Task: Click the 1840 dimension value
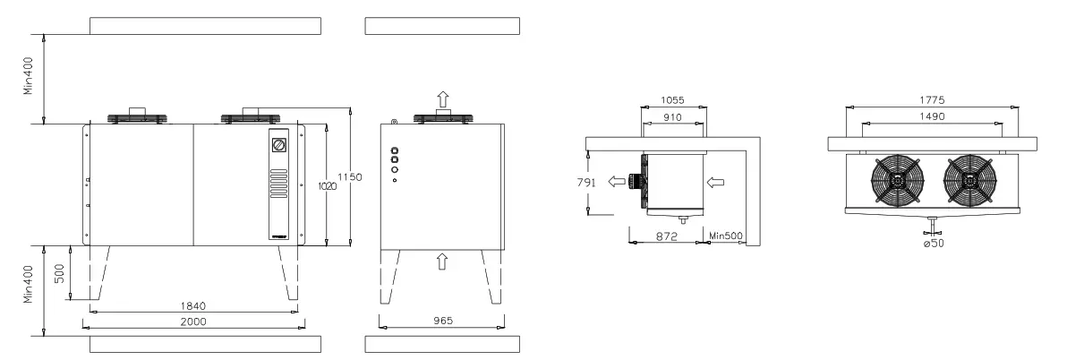pos(194,306)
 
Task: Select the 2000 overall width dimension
pos(194,321)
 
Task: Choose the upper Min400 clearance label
pos(29,79)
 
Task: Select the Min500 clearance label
pos(724,236)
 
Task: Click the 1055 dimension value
pos(674,101)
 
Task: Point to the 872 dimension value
pos(664,236)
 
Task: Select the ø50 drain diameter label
pos(933,243)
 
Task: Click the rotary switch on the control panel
pos(279,144)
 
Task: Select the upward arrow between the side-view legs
pos(440,261)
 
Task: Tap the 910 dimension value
pos(674,116)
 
